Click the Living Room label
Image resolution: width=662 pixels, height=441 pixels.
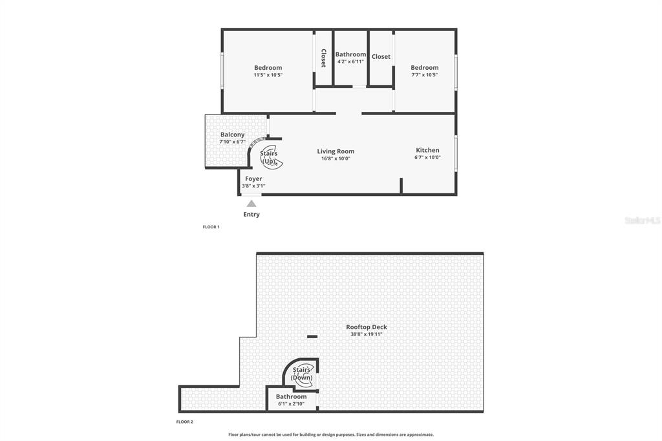336,151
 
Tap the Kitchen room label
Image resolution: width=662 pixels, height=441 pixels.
428,150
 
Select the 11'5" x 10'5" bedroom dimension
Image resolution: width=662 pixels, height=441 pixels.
268,75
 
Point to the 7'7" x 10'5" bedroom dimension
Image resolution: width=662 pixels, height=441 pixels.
425,75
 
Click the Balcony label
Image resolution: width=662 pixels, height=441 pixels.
232,134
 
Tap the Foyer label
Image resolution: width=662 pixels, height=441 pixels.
253,178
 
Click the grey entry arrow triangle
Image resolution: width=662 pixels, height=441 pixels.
251,204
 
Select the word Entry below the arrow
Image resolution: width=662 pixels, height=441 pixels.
251,214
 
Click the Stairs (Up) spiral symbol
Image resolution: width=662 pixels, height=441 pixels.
270,157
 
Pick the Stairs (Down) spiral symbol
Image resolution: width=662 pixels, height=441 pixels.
303,374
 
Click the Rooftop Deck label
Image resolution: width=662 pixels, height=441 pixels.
367,327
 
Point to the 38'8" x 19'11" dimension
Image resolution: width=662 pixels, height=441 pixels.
367,334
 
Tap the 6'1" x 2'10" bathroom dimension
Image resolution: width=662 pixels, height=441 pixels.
292,404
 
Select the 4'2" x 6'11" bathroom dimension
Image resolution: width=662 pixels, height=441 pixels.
350,61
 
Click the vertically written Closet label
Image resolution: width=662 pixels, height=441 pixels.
323,58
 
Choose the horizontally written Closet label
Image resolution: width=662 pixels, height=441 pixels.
381,57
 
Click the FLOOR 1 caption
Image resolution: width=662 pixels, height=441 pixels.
211,227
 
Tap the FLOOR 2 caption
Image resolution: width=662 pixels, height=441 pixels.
184,422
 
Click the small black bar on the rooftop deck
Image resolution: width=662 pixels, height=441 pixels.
312,337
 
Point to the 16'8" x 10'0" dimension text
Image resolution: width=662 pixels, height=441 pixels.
336,158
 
